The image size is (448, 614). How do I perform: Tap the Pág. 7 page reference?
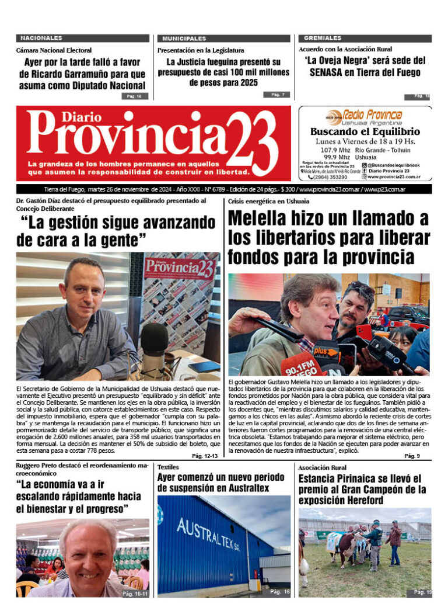(276, 95)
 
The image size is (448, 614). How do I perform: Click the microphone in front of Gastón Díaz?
(154, 349)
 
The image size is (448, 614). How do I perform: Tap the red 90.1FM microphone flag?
(301, 366)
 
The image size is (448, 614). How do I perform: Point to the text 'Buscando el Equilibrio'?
(365, 131)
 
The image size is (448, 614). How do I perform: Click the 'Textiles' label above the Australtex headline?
(168, 467)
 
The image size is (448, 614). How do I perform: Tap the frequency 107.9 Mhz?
(337, 150)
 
